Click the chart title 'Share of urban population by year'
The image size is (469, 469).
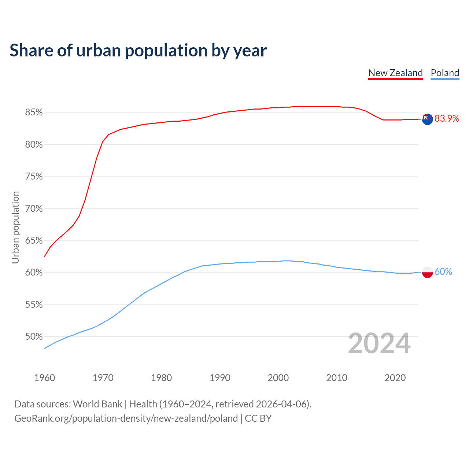click(x=138, y=51)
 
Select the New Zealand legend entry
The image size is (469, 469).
click(x=395, y=73)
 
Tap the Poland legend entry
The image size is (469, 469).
click(x=445, y=73)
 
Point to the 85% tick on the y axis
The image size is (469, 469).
click(x=34, y=112)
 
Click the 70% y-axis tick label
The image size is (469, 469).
click(x=34, y=209)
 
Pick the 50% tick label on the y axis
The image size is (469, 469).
click(x=34, y=337)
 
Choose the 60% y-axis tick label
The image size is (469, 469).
click(x=34, y=273)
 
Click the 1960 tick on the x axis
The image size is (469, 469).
click(x=45, y=378)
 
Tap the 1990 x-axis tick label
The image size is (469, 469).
click(x=220, y=378)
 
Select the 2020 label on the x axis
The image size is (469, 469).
click(x=395, y=378)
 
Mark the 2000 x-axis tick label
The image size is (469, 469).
click(x=278, y=378)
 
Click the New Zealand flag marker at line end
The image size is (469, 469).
click(x=427, y=119)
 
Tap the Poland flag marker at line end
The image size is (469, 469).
click(x=427, y=272)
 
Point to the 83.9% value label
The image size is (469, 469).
click(x=447, y=119)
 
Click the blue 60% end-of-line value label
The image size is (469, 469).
click(x=443, y=272)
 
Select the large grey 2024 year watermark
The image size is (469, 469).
click(x=379, y=343)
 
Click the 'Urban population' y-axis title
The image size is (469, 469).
click(x=15, y=227)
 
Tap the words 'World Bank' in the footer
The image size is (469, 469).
click(x=97, y=404)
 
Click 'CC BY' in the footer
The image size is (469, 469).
click(x=258, y=418)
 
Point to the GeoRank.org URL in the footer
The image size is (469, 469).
click(x=126, y=418)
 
